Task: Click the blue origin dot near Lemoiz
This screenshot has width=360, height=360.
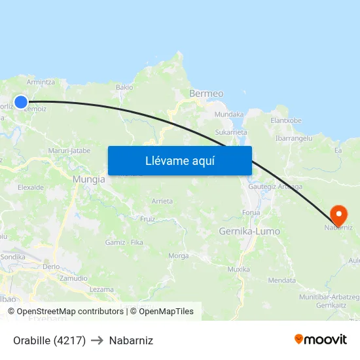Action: (x=21, y=101)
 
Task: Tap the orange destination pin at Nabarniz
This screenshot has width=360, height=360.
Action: (x=339, y=214)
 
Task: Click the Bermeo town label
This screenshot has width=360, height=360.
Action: (x=206, y=94)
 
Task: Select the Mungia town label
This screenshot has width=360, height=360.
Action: (x=89, y=179)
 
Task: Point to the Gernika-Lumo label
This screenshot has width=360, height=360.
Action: (x=249, y=232)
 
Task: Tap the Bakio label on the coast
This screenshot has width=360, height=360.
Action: (x=124, y=87)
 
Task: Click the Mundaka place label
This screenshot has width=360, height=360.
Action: (x=229, y=114)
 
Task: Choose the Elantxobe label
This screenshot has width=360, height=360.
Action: (x=286, y=120)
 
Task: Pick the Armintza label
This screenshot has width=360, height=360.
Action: (x=41, y=82)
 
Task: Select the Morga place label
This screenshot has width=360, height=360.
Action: (x=179, y=256)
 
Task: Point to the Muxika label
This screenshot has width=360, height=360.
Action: (x=238, y=269)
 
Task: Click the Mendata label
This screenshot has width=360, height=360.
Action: (x=282, y=280)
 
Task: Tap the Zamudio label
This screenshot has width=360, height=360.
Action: (x=73, y=278)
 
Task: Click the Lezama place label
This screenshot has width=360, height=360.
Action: (x=101, y=289)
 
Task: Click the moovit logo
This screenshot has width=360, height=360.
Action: (x=320, y=340)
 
